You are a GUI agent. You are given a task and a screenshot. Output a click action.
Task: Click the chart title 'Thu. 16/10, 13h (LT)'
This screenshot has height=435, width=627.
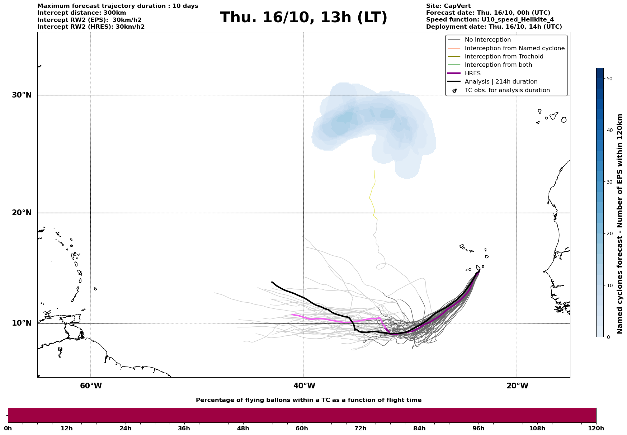(x=303, y=18)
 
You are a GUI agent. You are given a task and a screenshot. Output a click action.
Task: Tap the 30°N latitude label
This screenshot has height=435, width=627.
(x=22, y=95)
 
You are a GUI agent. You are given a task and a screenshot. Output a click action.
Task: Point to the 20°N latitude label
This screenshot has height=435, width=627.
(x=22, y=213)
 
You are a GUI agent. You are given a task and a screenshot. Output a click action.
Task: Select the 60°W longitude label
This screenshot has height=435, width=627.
(x=91, y=386)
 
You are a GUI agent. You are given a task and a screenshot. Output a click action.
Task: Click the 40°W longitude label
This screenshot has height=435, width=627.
(x=304, y=386)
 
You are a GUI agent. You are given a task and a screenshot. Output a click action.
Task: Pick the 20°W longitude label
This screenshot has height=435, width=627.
(x=517, y=386)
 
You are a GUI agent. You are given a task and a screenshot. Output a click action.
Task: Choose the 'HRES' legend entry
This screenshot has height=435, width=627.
(x=472, y=74)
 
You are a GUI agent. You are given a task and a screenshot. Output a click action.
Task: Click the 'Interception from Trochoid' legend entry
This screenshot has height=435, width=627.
(x=504, y=57)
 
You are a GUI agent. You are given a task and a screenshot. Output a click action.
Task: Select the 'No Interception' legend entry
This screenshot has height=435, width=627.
(x=487, y=40)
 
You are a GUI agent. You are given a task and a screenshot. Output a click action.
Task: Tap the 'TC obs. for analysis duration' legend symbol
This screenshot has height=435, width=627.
(x=454, y=91)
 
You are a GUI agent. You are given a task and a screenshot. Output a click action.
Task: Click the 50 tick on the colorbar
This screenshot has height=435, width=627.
(x=609, y=79)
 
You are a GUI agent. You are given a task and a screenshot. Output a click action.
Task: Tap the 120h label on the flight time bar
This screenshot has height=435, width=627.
(x=596, y=428)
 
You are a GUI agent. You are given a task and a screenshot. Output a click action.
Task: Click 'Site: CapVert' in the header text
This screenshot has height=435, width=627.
(x=448, y=6)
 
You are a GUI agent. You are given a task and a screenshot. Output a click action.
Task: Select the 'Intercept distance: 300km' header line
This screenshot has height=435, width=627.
(x=81, y=13)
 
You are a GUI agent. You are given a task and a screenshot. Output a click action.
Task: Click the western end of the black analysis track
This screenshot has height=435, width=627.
(x=272, y=282)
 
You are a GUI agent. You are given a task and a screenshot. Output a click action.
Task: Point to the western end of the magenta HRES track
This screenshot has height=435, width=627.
(x=292, y=315)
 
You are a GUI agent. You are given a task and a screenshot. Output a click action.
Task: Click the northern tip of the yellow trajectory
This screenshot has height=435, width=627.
(x=374, y=171)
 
